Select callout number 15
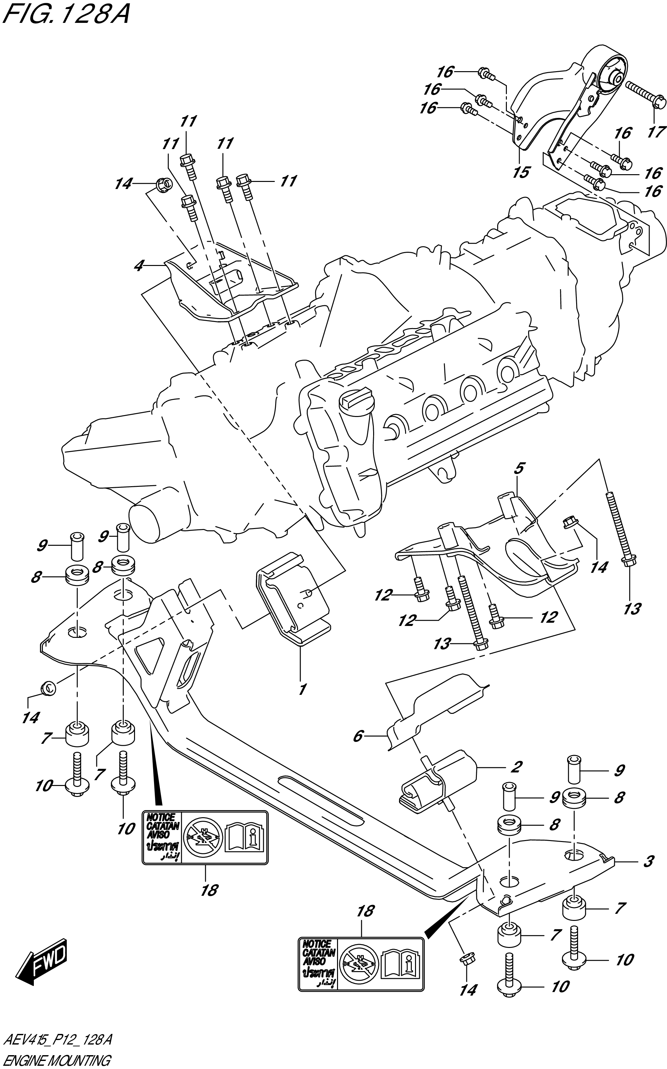pos(520,172)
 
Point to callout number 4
pos(139,266)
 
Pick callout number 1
pos(302,689)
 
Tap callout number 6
pos(358,736)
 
